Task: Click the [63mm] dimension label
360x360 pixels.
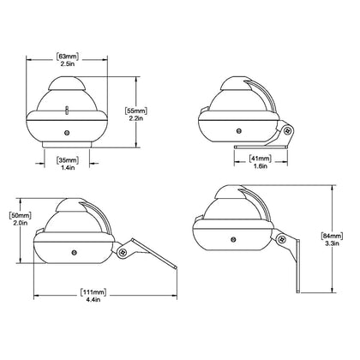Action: (67, 56)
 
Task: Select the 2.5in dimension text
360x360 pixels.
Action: (67, 65)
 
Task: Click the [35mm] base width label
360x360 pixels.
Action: (67, 159)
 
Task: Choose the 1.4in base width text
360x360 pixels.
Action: (67, 169)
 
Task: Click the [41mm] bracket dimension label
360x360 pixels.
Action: (258, 159)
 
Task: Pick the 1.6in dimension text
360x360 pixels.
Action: (258, 168)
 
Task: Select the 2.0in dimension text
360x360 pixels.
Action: (19, 225)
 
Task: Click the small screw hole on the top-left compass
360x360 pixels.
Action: (67, 132)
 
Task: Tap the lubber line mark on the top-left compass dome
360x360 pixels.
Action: (67, 108)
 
